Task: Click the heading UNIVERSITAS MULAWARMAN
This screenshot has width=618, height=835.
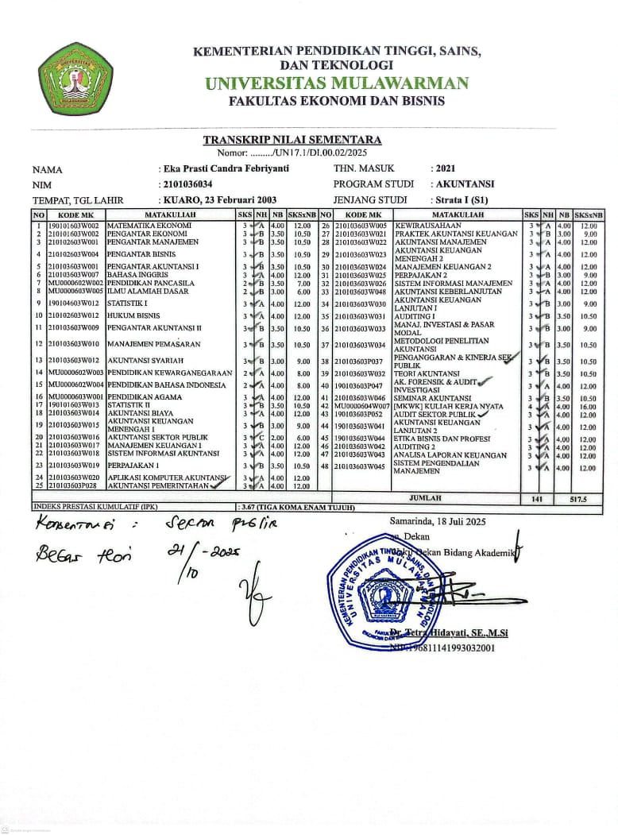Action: click(x=336, y=83)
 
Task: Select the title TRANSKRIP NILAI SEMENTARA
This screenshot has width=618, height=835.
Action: click(x=292, y=140)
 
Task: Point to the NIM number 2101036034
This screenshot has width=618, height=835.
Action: click(x=187, y=184)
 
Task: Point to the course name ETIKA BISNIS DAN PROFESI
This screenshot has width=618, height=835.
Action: click(x=445, y=438)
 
